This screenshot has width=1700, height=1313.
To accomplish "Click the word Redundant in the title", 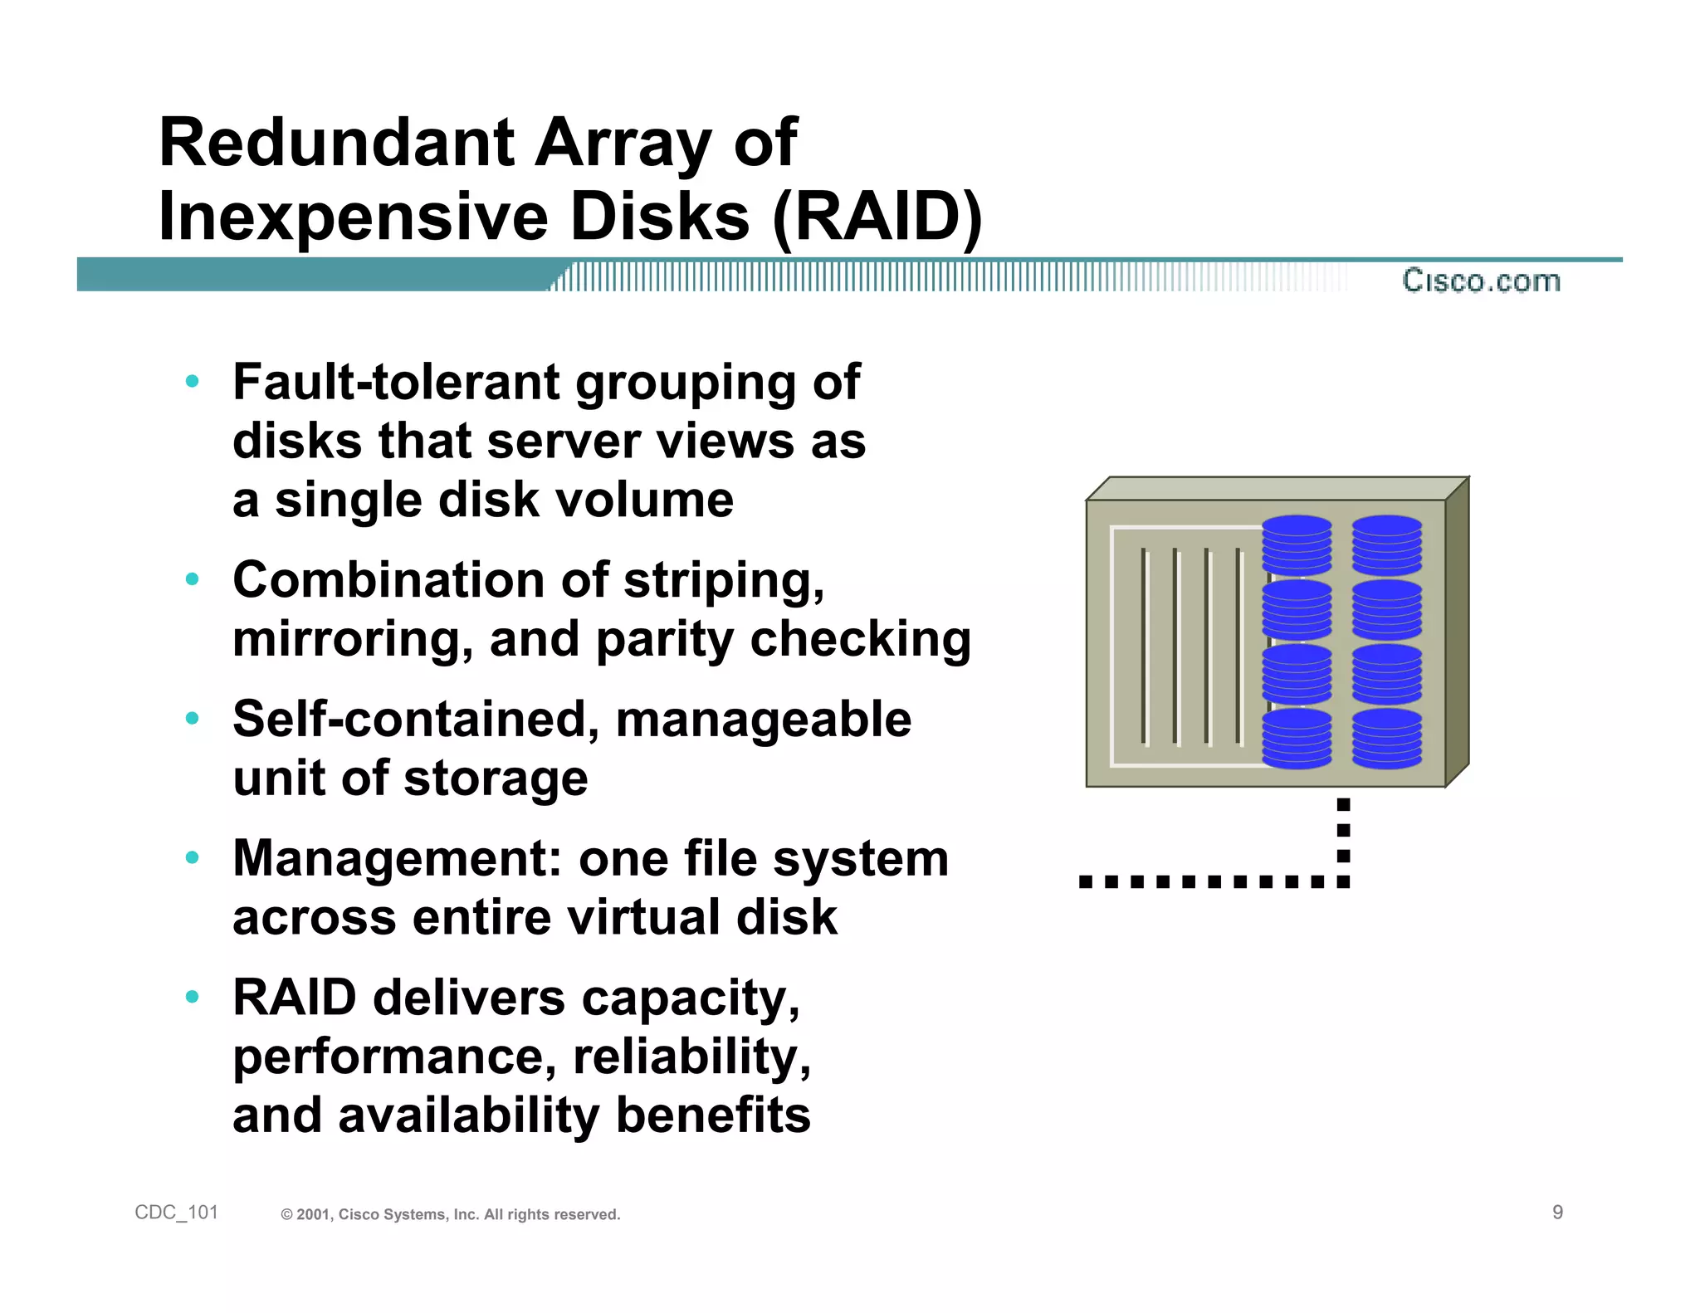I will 336,143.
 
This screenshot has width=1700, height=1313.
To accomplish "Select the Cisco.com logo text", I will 1481,281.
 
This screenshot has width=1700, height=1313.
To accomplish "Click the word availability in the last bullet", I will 468,1115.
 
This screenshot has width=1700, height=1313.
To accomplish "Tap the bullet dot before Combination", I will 193,579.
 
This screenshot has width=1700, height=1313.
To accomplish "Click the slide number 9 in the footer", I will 1557,1213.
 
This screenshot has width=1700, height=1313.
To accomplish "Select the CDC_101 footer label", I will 176,1213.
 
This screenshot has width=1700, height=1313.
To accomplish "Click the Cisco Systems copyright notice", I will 450,1214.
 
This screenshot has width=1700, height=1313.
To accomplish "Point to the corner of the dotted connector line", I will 1343,881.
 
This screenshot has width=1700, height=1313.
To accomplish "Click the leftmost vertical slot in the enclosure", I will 1144,646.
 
